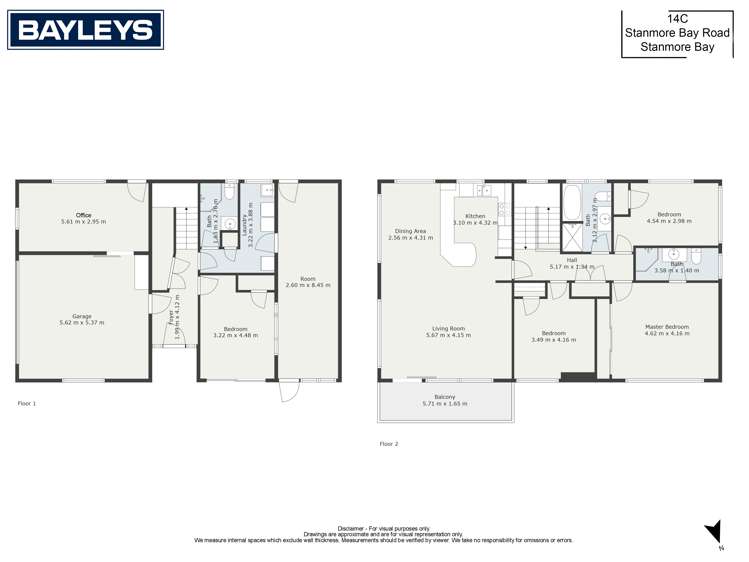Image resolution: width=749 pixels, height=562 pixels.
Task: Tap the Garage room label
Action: (75, 317)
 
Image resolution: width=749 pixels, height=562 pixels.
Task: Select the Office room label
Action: (83, 216)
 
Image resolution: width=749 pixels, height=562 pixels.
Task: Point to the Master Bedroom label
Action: (666, 327)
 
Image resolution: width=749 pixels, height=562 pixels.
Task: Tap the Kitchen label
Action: (475, 216)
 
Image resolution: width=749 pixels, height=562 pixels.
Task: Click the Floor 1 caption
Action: (27, 403)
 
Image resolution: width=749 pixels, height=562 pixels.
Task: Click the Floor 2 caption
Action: (389, 443)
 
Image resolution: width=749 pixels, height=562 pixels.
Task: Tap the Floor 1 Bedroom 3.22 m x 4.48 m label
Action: (236, 329)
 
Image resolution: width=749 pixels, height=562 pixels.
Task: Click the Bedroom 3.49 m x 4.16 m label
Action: (553, 333)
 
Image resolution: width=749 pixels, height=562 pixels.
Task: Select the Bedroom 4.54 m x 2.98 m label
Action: (669, 215)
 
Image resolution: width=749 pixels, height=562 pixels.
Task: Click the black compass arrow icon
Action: (712, 531)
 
